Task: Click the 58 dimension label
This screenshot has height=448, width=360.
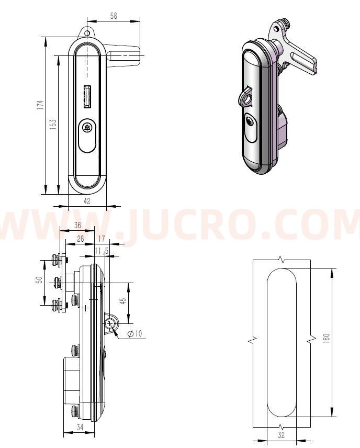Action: [x=114, y=16]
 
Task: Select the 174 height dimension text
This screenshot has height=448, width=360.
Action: [x=40, y=105]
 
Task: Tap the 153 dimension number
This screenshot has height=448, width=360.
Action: [x=53, y=125]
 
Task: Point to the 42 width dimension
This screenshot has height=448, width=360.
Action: [x=87, y=201]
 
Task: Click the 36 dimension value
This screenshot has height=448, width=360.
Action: [x=77, y=225]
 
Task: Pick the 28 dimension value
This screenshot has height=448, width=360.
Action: [x=80, y=239]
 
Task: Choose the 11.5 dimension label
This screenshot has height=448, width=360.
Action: [x=102, y=251]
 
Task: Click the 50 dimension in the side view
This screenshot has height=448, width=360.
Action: [x=39, y=279]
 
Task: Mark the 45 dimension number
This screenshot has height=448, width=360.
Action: [x=123, y=301]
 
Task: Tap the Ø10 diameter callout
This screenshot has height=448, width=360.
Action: [x=135, y=333]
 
